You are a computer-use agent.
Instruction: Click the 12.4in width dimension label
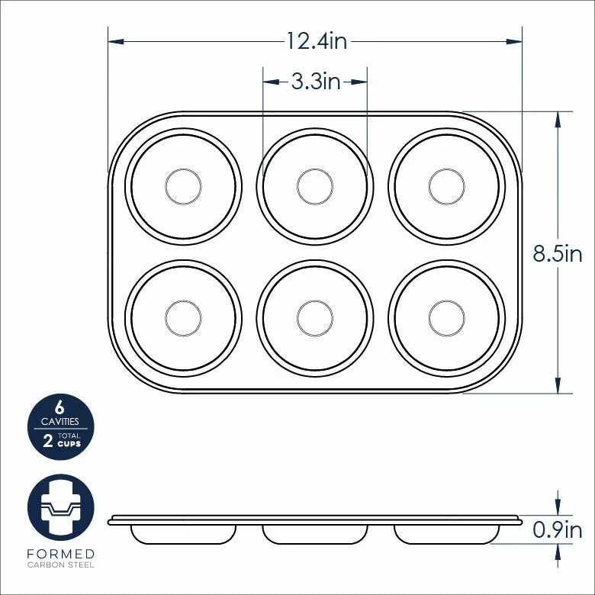pos(316,40)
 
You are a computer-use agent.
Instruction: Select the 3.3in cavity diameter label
pos(316,81)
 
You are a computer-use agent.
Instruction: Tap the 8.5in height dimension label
pos(557,254)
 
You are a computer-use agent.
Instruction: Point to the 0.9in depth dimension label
pos(557,529)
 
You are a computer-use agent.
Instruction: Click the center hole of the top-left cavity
pos(183,186)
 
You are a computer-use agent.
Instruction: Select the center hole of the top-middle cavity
pos(315,186)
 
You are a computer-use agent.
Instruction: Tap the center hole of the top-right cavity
pos(447,186)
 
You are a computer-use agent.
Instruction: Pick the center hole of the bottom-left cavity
pos(183,317)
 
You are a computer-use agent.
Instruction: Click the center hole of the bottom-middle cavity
pos(315,317)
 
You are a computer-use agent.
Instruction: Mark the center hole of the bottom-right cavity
pos(447,317)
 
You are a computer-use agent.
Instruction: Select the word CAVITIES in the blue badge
pos(60,421)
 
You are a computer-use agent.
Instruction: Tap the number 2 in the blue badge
pos(48,440)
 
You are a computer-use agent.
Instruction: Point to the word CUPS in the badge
pos(69,444)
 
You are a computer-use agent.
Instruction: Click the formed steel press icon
pos(60,507)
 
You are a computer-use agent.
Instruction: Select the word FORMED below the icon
pos(60,553)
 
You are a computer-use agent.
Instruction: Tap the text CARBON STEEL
pos(60,565)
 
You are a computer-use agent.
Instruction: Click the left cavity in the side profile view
pos(183,534)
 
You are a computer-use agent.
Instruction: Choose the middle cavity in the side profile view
pos(315,534)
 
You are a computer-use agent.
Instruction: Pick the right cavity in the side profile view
pos(447,534)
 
